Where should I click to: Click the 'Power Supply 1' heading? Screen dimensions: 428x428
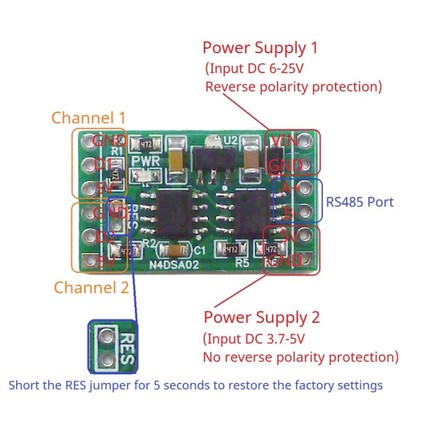click(x=261, y=47)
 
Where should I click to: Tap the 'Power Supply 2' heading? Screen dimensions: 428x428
click(x=262, y=317)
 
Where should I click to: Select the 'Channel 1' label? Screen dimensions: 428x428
click(x=88, y=118)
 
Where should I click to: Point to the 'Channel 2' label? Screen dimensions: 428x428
click(x=91, y=287)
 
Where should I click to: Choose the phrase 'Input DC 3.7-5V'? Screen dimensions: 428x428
click(x=263, y=338)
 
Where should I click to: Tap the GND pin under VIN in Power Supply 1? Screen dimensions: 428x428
click(x=286, y=165)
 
